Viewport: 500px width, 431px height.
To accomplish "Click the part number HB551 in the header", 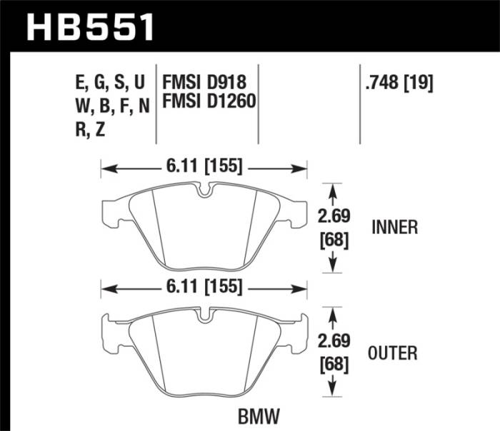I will pos(91,28).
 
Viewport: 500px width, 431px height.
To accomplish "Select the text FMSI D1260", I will pos(209,103).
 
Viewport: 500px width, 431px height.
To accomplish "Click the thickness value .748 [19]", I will pos(399,83).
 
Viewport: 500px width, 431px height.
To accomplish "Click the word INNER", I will pos(394,228).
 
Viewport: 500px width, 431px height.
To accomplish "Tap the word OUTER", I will pos(394,353).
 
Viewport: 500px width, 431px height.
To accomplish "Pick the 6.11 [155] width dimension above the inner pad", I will pos(204,168).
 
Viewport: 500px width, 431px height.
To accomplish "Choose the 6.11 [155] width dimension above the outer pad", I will pos(204,289).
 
